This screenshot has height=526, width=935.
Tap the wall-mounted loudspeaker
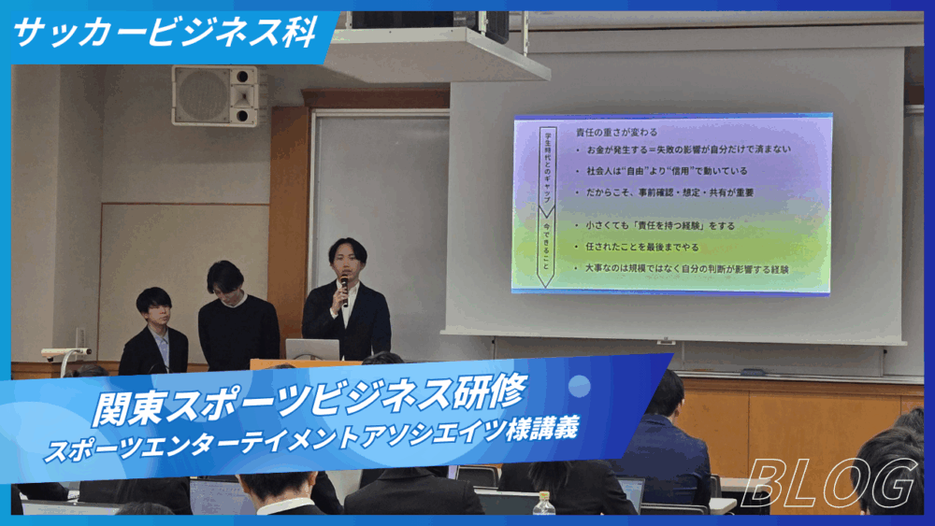click(x=214, y=95)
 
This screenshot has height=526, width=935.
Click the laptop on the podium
click(x=311, y=349)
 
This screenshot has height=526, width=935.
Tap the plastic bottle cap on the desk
click(x=543, y=495)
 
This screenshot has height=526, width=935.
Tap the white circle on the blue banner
click(x=580, y=385)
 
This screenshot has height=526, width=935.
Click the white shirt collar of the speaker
click(x=350, y=290)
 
